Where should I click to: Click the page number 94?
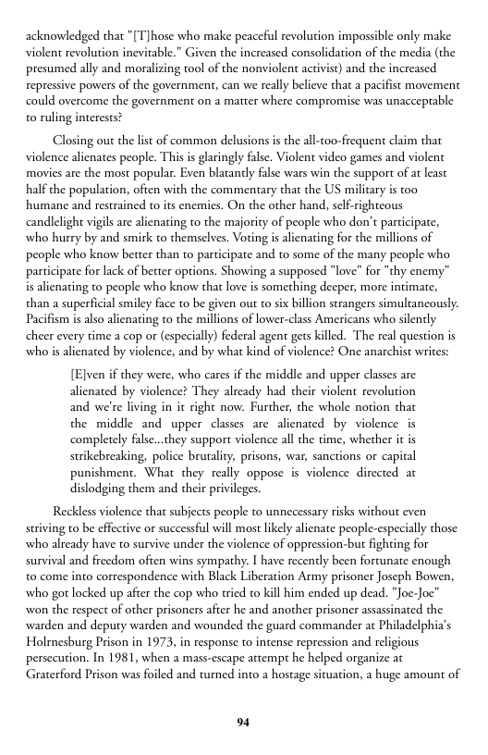(244, 722)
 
